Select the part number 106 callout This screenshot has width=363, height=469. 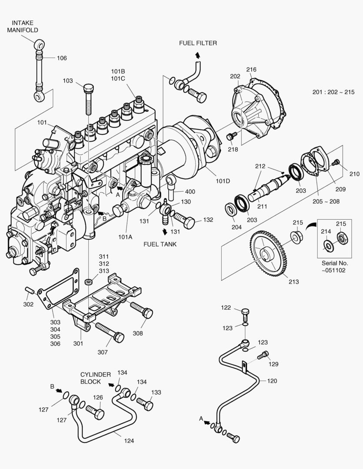click(62, 58)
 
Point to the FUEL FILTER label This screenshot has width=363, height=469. click(198, 43)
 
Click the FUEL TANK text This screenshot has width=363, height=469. click(160, 244)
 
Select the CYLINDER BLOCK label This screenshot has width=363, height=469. click(96, 378)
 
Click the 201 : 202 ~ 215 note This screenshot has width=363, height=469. click(333, 92)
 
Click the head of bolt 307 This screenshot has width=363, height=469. click(117, 337)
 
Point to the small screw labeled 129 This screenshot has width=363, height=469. click(262, 356)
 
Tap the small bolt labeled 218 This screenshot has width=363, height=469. click(230, 137)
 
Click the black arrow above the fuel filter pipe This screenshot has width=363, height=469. click(197, 55)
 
